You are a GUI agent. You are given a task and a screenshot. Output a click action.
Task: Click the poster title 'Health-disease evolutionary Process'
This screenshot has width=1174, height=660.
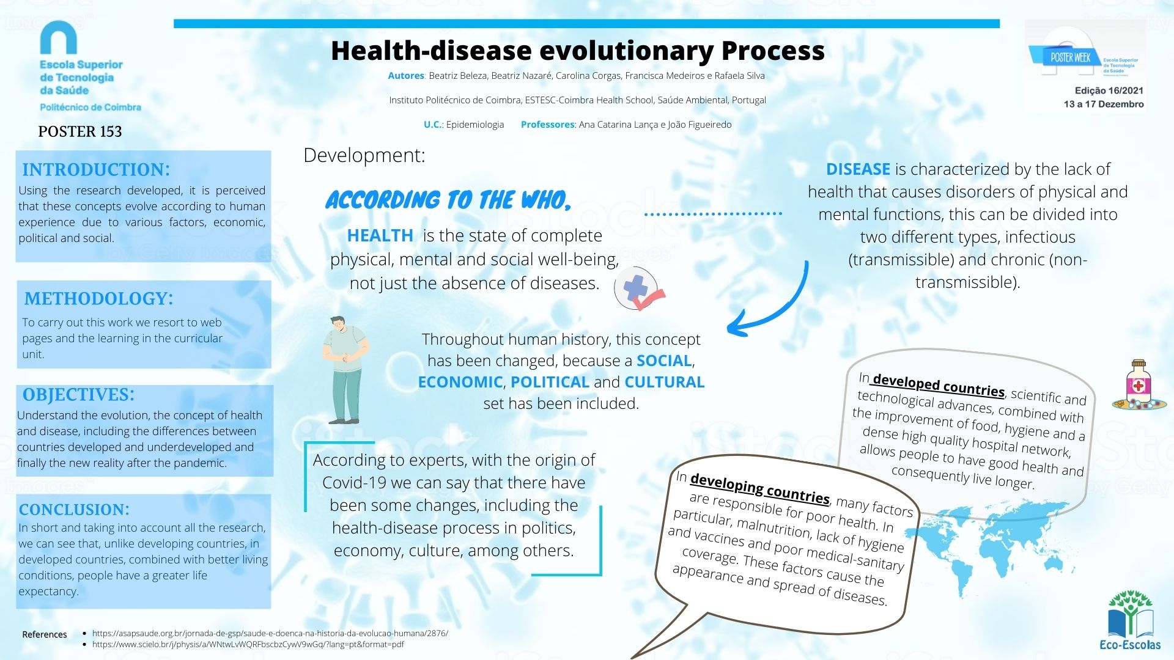tap(577, 51)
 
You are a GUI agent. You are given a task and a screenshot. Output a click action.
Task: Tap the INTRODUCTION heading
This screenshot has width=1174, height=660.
tap(96, 169)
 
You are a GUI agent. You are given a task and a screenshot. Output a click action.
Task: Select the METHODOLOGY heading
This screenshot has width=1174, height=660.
tap(98, 298)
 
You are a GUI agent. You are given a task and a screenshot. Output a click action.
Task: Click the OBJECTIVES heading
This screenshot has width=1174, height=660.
tap(78, 394)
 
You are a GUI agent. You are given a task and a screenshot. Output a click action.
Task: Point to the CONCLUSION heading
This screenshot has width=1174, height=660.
tap(74, 509)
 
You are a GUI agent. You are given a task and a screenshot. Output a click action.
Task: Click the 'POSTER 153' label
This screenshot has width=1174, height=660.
tap(80, 131)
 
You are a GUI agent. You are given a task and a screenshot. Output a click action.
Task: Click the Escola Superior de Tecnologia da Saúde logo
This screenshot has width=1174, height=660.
tap(90, 67)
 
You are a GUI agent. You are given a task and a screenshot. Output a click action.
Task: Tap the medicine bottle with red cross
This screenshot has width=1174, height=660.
tap(1139, 385)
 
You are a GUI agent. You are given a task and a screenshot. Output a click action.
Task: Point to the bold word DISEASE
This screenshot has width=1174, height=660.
tap(858, 169)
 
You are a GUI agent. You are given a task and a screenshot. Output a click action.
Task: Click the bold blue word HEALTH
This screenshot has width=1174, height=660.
tap(380, 235)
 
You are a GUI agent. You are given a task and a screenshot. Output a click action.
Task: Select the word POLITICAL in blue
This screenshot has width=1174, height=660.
tap(550, 382)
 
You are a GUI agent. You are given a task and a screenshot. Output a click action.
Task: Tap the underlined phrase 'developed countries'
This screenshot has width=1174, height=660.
tap(939, 384)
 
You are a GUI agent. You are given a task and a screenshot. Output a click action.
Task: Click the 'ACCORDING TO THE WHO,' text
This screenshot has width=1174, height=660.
tap(448, 200)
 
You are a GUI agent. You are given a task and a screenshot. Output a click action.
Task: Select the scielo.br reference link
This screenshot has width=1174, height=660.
tap(248, 644)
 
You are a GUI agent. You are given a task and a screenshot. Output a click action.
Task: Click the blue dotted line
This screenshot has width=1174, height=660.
tap(713, 214)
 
